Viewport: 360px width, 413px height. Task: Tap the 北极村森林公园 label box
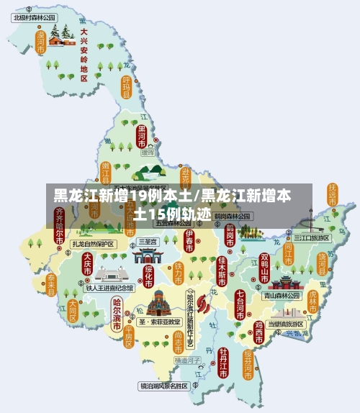[35, 16]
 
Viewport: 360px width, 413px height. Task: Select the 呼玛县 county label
[126, 86]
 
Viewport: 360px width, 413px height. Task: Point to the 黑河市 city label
[141, 135]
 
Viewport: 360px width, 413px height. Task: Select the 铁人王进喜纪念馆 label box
[109, 288]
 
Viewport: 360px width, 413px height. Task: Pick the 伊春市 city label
[189, 242]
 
